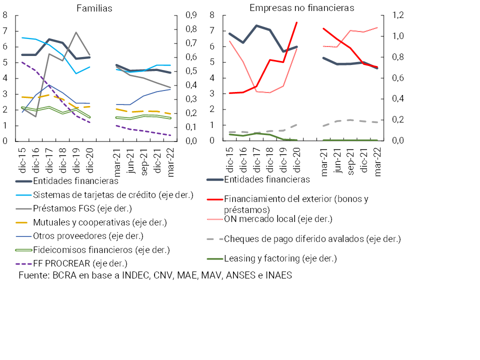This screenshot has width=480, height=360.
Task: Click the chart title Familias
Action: [x=94, y=8]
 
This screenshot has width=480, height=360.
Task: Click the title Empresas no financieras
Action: [x=301, y=8]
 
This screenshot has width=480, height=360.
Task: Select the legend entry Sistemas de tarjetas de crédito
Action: [x=112, y=194]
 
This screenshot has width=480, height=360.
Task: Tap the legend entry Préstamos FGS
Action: [x=82, y=208]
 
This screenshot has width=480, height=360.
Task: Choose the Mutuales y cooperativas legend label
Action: [x=99, y=222]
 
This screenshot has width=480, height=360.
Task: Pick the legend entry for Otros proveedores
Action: [x=88, y=235]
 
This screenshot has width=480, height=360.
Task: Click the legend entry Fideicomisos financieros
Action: [x=101, y=249]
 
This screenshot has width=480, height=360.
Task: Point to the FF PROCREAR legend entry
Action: [x=80, y=262]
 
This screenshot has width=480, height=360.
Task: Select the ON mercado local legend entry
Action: [x=278, y=218]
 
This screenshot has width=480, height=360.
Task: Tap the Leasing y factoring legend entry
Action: [x=280, y=258]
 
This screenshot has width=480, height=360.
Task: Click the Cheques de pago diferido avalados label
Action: [x=312, y=238]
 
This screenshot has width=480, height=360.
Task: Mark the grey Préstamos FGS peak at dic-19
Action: [x=76, y=32]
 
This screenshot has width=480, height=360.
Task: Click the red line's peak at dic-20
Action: [x=297, y=22]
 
